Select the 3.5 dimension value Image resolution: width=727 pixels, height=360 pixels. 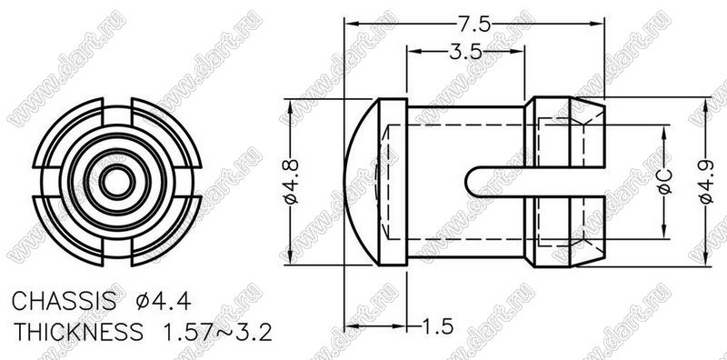(x=465, y=52)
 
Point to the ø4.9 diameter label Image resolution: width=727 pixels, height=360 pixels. (x=706, y=182)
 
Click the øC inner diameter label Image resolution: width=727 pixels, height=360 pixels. (x=665, y=182)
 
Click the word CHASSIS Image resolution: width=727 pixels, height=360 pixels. (x=64, y=302)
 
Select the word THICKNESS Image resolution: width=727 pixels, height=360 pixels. (x=78, y=332)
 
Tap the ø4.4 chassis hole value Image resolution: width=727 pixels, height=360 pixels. (x=164, y=302)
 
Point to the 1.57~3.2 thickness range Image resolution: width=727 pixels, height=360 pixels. (x=216, y=332)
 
